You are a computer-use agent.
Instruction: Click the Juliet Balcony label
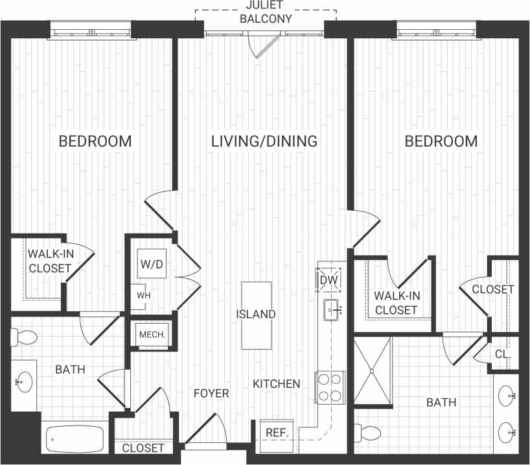(x=266, y=13)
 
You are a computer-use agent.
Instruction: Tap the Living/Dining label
(x=264, y=141)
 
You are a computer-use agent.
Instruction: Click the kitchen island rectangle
(x=256, y=315)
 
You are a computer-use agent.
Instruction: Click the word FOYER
(x=211, y=393)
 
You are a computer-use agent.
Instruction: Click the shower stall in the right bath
(x=373, y=372)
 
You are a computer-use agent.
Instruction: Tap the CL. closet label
(x=503, y=355)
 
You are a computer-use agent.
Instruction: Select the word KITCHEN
(x=277, y=383)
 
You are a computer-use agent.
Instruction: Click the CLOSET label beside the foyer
(x=143, y=448)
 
